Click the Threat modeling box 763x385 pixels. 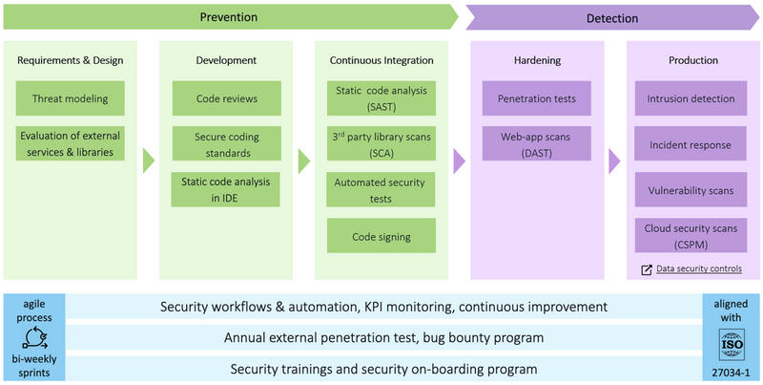(x=70, y=97)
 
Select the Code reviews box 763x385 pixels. (x=226, y=97)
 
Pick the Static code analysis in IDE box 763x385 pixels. (x=226, y=188)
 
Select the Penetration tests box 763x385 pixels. (x=537, y=97)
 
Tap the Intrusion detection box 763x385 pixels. (x=691, y=97)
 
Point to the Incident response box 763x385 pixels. (x=691, y=144)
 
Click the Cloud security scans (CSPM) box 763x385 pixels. (x=691, y=234)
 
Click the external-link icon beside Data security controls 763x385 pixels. (x=648, y=269)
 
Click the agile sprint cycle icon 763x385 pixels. (x=32, y=337)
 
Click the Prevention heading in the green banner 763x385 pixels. (x=230, y=18)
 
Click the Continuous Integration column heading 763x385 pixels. (x=381, y=60)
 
